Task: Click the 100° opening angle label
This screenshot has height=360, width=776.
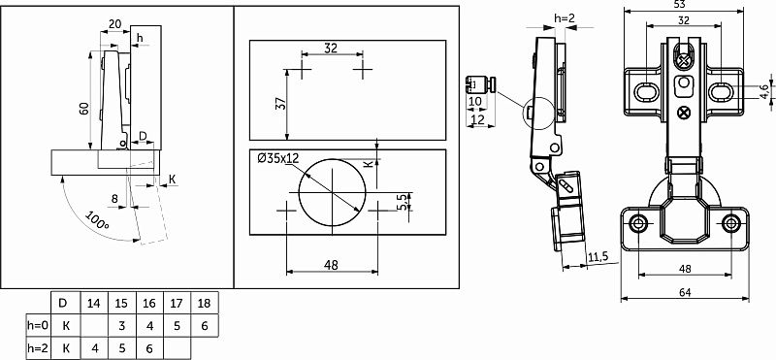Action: coord(98,221)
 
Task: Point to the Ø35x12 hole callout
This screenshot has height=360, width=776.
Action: coord(278,158)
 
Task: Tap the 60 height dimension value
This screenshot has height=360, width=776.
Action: coord(83,109)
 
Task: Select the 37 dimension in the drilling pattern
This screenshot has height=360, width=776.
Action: coord(280,104)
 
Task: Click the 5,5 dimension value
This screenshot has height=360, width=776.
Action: coord(404,202)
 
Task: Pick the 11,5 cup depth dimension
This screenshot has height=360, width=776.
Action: coord(598,256)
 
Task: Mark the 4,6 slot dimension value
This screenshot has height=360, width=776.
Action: coord(764,91)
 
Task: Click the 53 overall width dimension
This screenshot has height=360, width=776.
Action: coord(684,5)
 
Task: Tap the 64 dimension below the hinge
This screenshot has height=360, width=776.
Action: coord(685,292)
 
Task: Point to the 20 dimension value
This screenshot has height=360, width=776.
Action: coord(114,23)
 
